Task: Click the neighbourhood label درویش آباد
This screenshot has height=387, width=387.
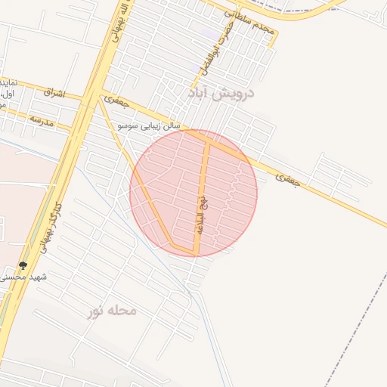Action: (221, 94)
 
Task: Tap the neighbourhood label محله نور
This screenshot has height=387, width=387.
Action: (112, 310)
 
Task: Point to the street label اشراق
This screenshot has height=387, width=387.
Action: (54, 93)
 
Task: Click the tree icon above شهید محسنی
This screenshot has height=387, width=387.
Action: (23, 265)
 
